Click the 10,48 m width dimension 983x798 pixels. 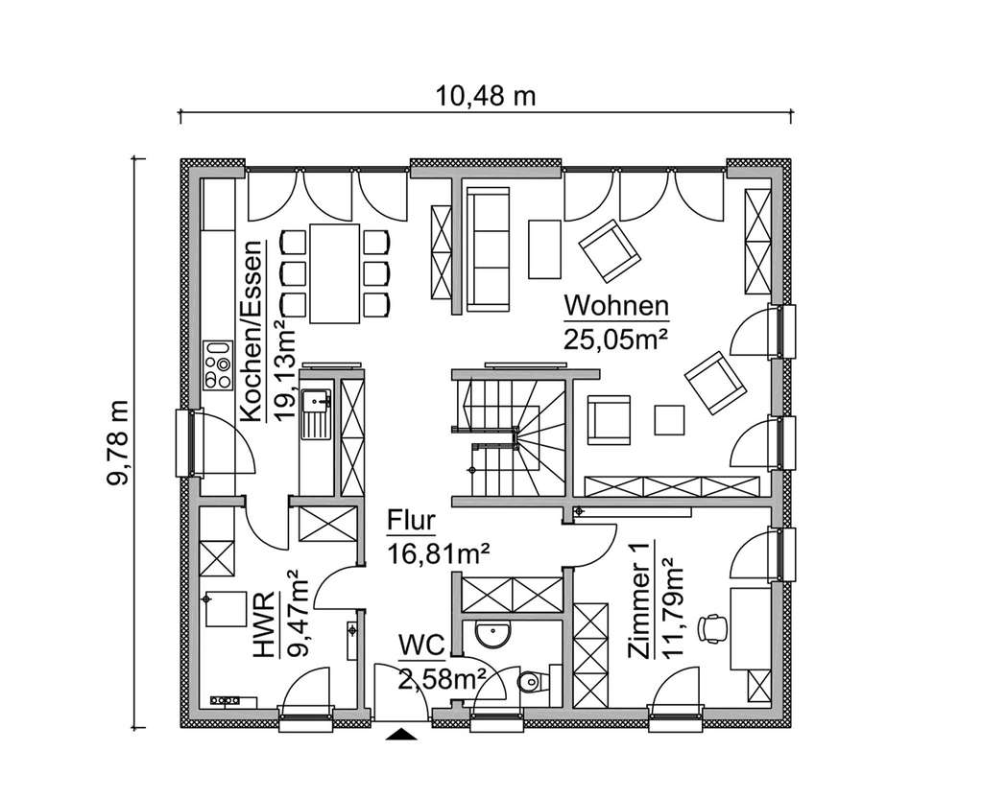tap(485, 96)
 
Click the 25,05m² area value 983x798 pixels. tap(615, 340)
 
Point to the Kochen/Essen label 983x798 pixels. tap(252, 332)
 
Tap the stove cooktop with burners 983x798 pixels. tap(219, 364)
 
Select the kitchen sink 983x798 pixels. tap(314, 411)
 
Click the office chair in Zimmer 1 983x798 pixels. tap(712, 626)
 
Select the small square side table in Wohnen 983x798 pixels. tap(669, 420)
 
